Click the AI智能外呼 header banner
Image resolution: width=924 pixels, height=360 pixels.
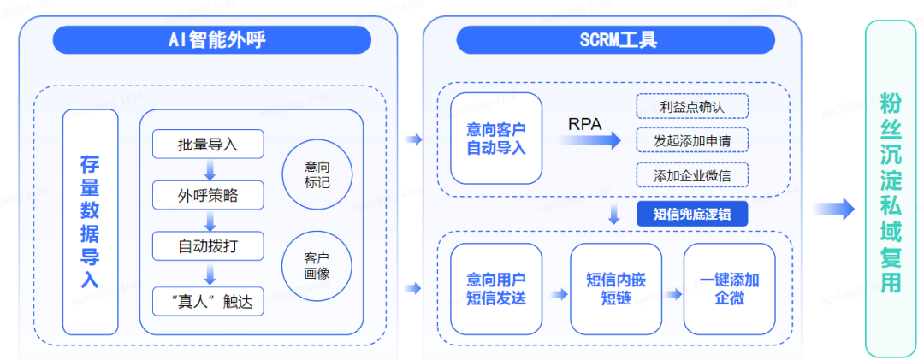point(211,39)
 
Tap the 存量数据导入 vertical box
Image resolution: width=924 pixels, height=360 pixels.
point(90,221)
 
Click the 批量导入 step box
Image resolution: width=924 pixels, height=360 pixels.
point(208,145)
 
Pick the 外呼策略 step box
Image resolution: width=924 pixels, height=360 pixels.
point(208,196)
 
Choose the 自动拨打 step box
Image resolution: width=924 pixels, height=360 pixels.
point(208,246)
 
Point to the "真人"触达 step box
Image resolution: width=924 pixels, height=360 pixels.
point(208,300)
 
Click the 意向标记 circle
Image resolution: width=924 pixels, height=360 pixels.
point(317,174)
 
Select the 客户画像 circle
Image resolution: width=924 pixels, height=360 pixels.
point(317,266)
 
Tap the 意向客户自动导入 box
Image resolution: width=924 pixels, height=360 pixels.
point(496,139)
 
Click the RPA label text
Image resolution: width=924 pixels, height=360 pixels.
point(585,123)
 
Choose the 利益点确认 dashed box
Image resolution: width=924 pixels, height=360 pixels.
point(692,106)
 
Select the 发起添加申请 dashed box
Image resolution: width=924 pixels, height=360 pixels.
point(692,139)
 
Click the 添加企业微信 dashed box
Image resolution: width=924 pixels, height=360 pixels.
point(692,174)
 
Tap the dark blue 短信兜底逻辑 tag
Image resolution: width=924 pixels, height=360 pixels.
point(692,213)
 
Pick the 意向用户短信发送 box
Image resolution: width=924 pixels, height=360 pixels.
point(496,288)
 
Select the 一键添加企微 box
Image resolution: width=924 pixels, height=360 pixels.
point(729,288)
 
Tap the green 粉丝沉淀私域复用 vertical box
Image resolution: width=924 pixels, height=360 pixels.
point(891,189)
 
